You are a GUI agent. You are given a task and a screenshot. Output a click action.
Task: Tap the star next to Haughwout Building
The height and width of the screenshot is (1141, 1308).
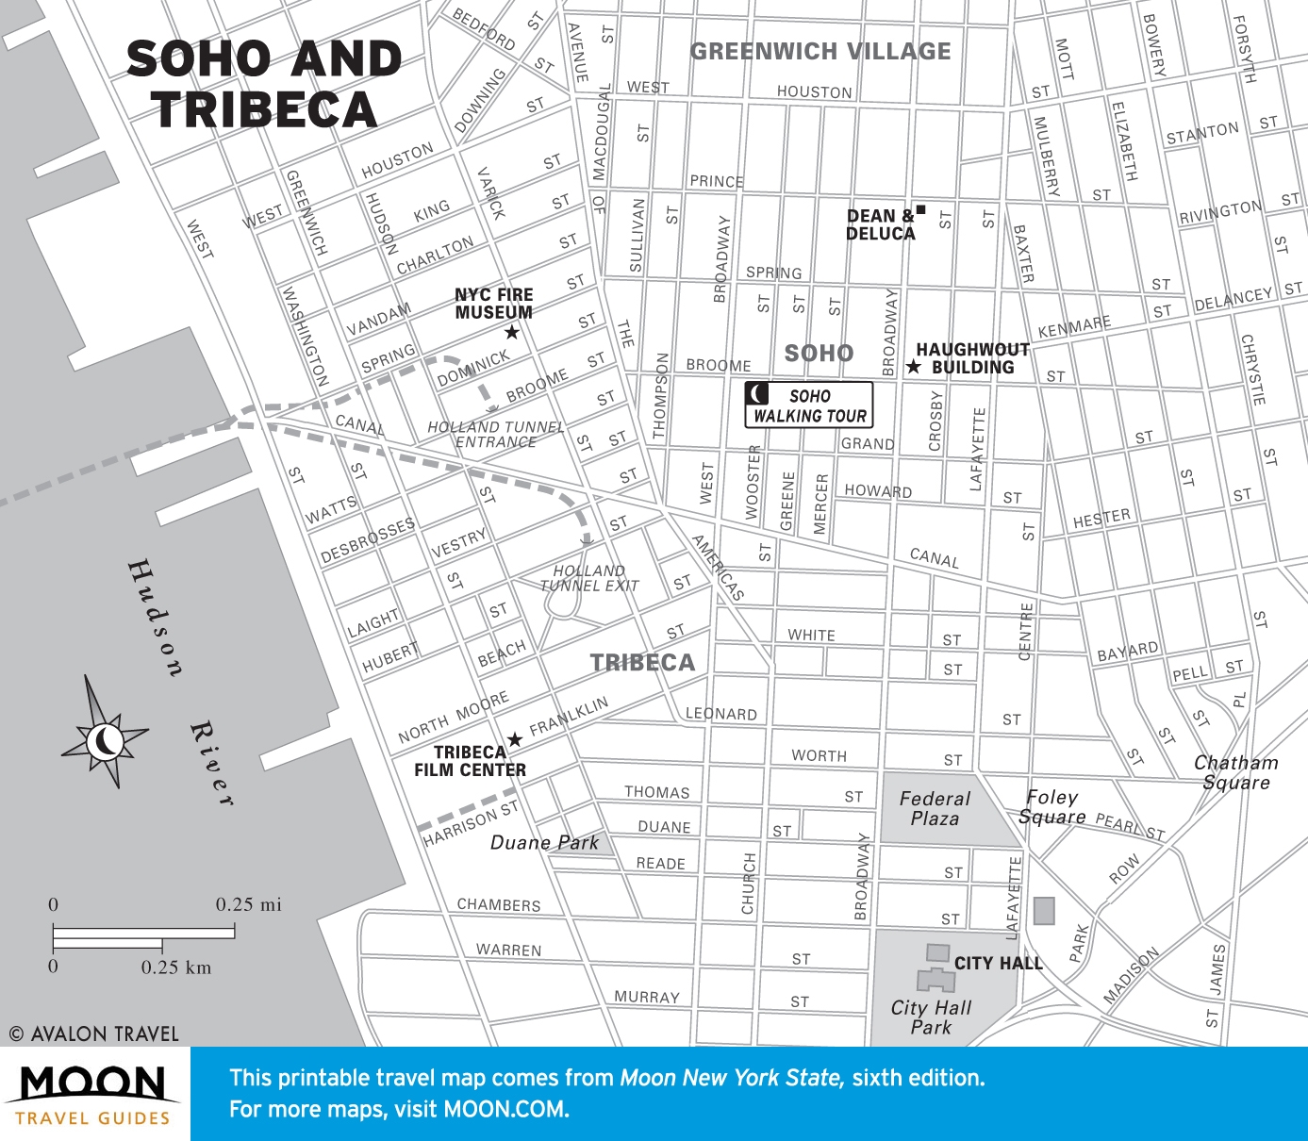click(x=913, y=367)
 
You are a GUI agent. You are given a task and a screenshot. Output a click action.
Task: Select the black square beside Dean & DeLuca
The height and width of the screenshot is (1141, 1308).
click(x=921, y=209)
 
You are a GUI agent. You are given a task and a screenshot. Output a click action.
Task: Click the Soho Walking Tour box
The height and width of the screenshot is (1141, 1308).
click(x=809, y=405)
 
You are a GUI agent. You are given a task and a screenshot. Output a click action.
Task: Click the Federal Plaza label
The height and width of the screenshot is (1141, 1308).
click(x=934, y=809)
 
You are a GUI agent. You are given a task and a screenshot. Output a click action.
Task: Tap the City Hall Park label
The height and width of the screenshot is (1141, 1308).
click(x=931, y=1017)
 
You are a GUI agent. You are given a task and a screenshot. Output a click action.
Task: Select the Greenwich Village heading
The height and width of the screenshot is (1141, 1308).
click(x=820, y=51)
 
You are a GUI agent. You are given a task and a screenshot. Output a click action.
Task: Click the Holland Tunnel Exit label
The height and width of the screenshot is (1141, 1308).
click(x=589, y=578)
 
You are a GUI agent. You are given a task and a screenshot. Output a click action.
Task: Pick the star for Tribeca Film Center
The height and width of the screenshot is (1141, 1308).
click(x=515, y=739)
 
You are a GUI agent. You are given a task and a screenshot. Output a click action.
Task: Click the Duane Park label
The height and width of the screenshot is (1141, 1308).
click(x=544, y=842)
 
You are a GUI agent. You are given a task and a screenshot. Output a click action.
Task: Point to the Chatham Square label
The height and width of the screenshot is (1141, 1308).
click(x=1235, y=772)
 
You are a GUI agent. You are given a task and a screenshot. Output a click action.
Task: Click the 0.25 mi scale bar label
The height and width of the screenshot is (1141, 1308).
click(x=248, y=904)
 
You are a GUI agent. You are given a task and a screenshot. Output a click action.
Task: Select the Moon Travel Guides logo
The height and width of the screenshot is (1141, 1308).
click(x=92, y=1094)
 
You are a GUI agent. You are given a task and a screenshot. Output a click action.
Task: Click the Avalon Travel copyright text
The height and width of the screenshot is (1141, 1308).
click(x=93, y=1034)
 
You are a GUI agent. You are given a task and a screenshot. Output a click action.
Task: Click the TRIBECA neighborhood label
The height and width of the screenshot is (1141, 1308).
click(x=642, y=662)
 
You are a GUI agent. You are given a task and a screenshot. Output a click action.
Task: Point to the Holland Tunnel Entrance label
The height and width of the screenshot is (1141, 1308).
click(x=495, y=434)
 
